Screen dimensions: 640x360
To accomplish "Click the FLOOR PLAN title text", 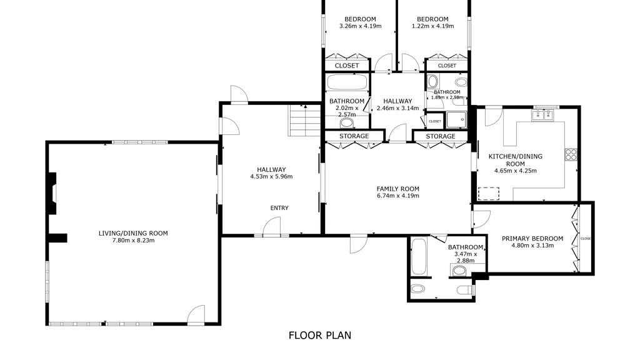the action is pos(319,336).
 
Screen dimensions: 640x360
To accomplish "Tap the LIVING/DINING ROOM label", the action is pos(133,234).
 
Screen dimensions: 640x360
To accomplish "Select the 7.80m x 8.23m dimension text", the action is pos(133,241).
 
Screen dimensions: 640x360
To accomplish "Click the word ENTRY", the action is pos(279,208).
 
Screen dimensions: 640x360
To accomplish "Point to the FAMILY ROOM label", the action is pos(397,189).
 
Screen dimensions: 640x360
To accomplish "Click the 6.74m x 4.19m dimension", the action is pos(397,196).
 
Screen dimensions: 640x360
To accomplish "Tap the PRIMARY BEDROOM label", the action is pos(532,239).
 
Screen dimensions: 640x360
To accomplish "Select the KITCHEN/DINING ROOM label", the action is pos(516,160).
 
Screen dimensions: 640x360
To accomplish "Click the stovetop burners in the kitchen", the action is pos(571,154).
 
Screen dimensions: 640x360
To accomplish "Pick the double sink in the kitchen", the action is pos(542,116).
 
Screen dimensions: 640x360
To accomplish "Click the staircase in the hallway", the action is pos(304,121).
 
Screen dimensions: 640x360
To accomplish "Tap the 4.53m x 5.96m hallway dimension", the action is pos(271,177).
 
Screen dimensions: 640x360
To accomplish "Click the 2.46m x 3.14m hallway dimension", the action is pos(397,108).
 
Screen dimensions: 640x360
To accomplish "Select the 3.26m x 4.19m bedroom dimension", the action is pos(360,26).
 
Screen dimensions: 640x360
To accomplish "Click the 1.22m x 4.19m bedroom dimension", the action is pos(432,26).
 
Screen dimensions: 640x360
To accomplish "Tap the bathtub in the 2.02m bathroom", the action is pos(347,82).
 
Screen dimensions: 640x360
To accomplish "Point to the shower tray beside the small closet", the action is pos(456,120).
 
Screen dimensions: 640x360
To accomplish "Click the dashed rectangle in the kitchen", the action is pos(489,194).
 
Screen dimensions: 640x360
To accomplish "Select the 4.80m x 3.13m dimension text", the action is pos(532,246).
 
